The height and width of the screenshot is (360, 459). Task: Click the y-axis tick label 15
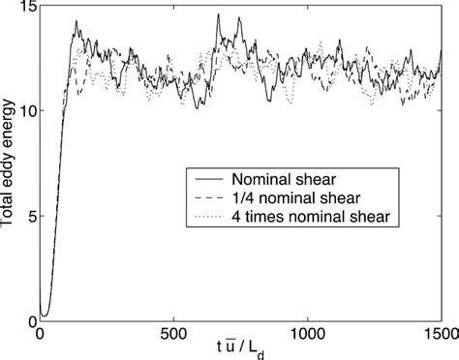(23, 8)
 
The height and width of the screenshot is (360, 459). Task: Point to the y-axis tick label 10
(23, 110)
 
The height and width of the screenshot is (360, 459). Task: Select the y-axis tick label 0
(28, 321)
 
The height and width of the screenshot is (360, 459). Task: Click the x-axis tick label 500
(173, 336)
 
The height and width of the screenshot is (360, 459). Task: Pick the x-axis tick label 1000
(307, 336)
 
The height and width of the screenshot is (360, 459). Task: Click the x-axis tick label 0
(40, 336)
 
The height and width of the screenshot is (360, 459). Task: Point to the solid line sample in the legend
(208, 179)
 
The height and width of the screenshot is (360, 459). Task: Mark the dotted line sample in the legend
(208, 216)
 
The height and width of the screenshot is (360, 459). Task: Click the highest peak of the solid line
(219, 15)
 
